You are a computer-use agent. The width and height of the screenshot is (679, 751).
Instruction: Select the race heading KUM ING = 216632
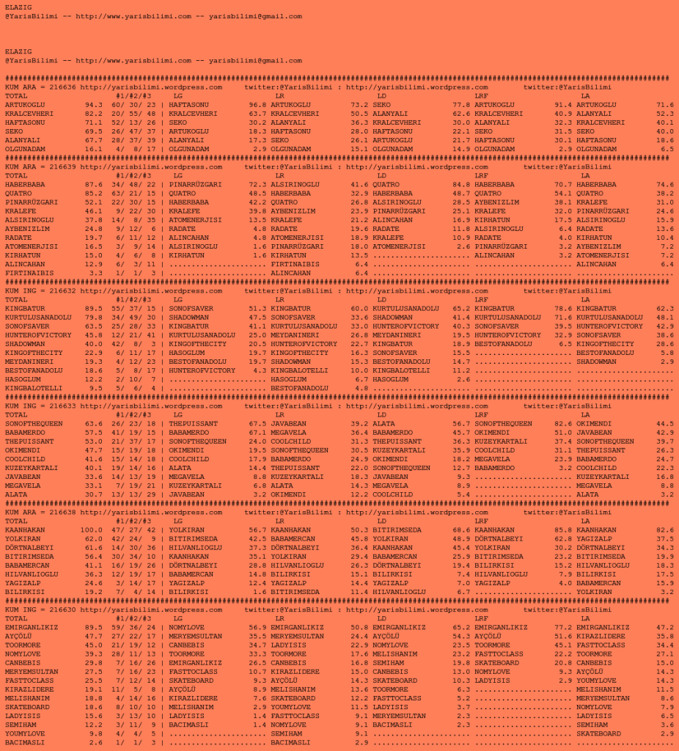click(41, 290)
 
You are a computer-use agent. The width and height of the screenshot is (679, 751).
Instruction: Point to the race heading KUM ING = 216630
click(41, 610)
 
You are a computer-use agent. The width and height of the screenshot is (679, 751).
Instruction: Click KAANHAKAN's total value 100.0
click(92, 530)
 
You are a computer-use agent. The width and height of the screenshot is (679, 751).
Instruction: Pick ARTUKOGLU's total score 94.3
click(94, 105)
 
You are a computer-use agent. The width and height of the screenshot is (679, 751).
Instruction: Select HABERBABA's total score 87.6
click(94, 184)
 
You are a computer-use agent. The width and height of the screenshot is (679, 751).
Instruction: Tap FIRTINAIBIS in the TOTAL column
click(29, 273)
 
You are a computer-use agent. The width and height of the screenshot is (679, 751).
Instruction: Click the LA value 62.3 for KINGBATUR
click(664, 308)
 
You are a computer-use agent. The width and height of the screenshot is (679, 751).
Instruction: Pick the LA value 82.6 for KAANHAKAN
click(664, 530)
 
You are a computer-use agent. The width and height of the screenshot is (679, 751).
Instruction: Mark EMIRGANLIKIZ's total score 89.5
click(94, 628)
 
